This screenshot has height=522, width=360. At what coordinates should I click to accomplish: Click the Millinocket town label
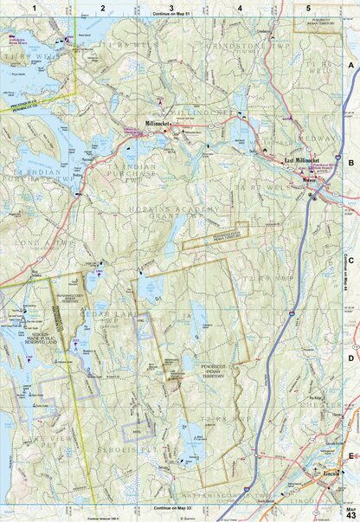[x=161, y=123]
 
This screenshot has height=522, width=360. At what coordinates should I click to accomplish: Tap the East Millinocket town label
[x=302, y=160]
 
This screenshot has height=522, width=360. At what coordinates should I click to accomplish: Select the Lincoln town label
[x=326, y=475]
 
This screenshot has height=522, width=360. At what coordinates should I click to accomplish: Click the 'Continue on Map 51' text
[x=170, y=15]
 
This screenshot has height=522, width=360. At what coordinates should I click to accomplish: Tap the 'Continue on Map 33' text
[x=170, y=509]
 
